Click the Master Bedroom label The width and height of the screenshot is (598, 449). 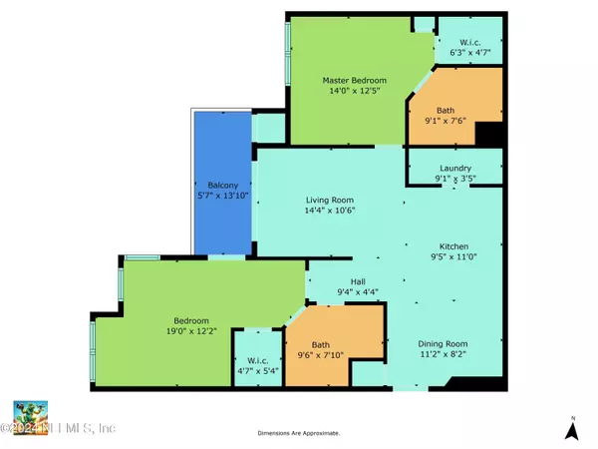coord(354,80)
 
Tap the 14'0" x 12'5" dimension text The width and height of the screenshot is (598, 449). coord(354,91)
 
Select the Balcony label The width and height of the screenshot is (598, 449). coord(223,186)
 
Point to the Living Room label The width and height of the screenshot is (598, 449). coord(330,200)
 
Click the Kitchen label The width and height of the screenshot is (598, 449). coord(453,246)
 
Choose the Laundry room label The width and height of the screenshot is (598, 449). coord(455,168)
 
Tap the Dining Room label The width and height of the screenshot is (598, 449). coord(443,343)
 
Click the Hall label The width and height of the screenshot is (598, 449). coord(358,281)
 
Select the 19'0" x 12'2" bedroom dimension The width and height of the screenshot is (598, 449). coord(191,331)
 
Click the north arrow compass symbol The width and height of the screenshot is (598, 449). coord(572,429)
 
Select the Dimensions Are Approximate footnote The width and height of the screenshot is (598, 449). coord(299,433)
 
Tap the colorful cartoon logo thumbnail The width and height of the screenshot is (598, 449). coord(31,418)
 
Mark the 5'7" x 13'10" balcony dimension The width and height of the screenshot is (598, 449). coord(223,196)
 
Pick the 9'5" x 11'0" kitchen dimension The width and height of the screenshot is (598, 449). coord(453,256)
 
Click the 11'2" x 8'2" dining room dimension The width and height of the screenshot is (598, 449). coord(443,354)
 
